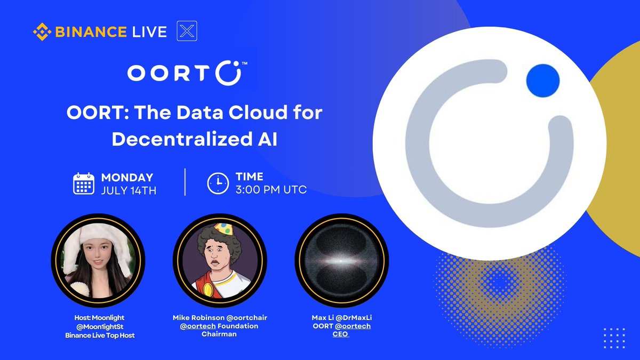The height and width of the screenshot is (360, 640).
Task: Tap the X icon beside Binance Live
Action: tap(187, 31)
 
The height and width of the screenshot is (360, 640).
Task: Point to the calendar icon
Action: tap(83, 183)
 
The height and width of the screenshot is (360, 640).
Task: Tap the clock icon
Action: tap(218, 183)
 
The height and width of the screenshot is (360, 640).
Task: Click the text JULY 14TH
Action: tap(129, 190)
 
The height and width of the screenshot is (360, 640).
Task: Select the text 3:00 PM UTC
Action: tap(271, 190)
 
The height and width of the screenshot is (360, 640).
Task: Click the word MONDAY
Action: tap(127, 178)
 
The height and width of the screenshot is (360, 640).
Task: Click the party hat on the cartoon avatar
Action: tap(223, 229)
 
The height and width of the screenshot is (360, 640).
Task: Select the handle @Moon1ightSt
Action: tap(98, 326)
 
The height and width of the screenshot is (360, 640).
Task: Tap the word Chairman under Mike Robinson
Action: tap(219, 334)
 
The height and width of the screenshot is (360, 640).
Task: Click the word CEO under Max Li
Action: tap(341, 334)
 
